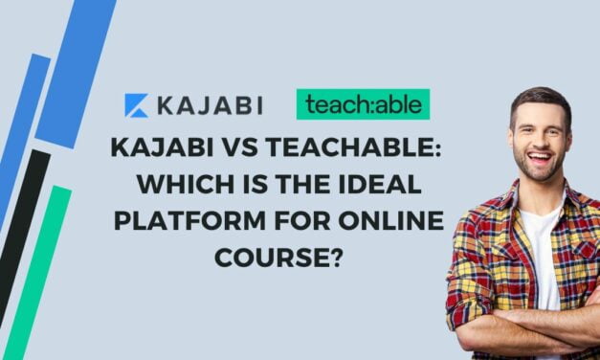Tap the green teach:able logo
363,104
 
